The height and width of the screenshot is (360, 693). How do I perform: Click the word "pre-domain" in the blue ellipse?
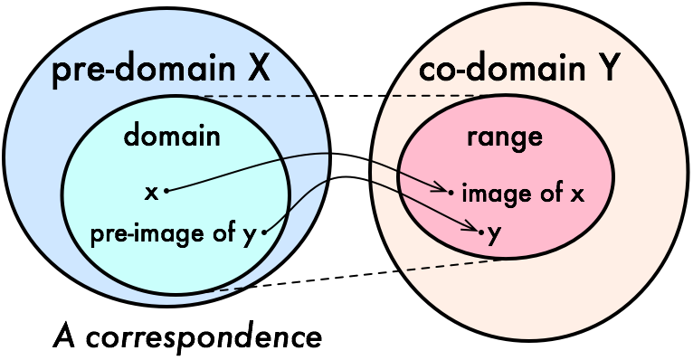click(x=144, y=70)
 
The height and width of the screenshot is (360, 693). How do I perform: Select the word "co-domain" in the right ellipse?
click(x=501, y=69)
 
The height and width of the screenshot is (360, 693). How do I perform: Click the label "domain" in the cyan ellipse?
click(x=172, y=135)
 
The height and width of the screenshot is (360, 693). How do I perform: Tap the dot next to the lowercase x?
click(x=166, y=191)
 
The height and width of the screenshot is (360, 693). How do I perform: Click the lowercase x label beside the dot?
click(x=152, y=193)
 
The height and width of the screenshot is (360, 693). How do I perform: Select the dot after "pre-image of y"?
click(x=264, y=232)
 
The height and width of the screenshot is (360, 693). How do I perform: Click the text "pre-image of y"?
click(x=174, y=234)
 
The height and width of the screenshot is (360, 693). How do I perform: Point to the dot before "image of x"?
click(x=451, y=192)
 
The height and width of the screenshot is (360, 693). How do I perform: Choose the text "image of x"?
click(x=523, y=194)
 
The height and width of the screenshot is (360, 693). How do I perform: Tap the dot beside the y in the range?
click(x=481, y=231)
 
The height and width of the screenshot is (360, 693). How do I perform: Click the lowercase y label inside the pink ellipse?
click(x=494, y=235)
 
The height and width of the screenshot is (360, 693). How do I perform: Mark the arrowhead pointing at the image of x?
click(x=441, y=187)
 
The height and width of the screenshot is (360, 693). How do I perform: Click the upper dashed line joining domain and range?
click(x=340, y=96)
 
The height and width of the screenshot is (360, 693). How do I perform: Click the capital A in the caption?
click(x=65, y=336)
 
